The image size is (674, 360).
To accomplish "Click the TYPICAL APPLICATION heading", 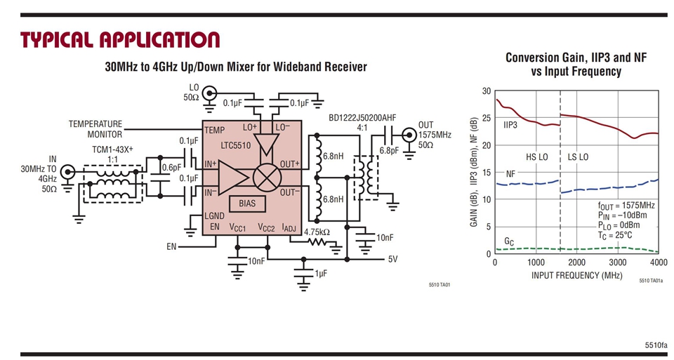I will coord(119,39).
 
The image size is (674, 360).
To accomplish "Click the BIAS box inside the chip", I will coord(247,204).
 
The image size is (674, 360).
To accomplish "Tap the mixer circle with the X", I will coord(267,175).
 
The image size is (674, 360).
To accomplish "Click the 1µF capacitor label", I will coord(321,273).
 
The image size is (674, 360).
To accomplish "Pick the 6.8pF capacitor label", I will coord(389,150).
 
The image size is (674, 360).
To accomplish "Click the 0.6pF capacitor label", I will coord(171,168).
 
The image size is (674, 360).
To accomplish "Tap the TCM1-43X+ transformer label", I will coord(112,150).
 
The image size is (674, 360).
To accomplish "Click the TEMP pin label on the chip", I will coord(213,131).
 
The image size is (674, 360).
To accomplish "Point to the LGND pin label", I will coord(216,215).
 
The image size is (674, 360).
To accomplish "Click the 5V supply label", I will coord(393,258).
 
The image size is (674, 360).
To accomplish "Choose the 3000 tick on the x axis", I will coord(617,262).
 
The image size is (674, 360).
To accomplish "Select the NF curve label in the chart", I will coord(511,173).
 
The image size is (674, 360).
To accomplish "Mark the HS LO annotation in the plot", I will coord(536,156).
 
